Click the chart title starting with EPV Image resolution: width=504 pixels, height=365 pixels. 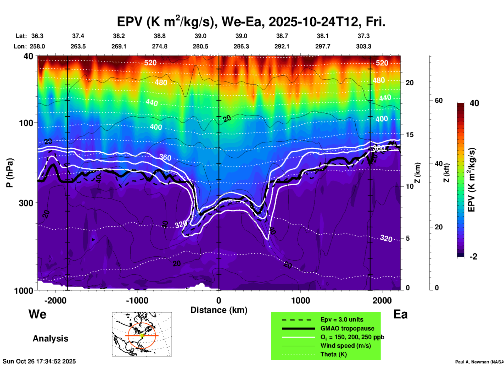251,22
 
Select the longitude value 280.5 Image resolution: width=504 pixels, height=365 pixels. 200,46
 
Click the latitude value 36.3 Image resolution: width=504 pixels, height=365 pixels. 37,36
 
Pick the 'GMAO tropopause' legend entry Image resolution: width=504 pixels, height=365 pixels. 347,328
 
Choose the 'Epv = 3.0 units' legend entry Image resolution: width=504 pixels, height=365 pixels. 341,320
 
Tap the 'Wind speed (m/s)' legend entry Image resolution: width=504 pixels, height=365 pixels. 345,346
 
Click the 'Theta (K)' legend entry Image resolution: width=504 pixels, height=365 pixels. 333,354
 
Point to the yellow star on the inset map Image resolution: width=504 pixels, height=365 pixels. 142,335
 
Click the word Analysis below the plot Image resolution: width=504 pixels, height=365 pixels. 50,339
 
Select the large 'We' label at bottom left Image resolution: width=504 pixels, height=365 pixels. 37,314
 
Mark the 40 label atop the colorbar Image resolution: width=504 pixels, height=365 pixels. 474,103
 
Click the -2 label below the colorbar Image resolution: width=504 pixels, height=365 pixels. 473,257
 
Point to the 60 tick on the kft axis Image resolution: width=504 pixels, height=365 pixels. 439,101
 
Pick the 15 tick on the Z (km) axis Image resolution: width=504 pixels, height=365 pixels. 410,135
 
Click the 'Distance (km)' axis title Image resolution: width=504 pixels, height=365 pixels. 219,310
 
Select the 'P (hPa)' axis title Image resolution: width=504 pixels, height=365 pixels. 10,173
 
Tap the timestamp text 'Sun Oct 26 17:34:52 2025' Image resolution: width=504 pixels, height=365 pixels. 39,361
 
